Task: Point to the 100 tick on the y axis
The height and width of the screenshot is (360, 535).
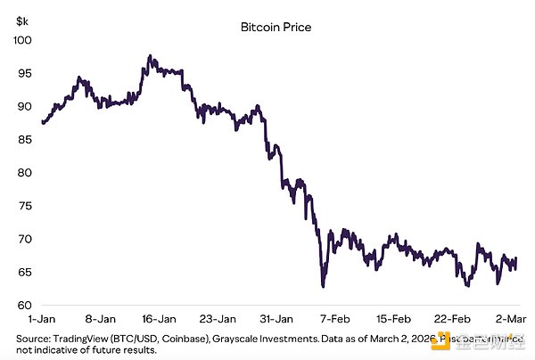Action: [x=23, y=41]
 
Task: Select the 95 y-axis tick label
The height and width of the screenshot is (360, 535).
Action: [x=25, y=74]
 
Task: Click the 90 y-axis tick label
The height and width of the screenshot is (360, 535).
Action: [x=25, y=107]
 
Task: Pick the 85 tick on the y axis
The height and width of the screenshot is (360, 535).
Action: [x=25, y=140]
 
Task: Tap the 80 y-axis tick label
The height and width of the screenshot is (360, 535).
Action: [x=25, y=173]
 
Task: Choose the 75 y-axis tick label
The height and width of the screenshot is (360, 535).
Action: [x=25, y=206]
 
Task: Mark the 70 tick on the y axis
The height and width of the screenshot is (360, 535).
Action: [x=25, y=239]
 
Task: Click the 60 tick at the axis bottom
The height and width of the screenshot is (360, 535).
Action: [x=25, y=305]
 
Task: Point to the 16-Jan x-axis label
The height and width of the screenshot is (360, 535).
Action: [x=159, y=318]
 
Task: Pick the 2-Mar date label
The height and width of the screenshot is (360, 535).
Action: [x=509, y=318]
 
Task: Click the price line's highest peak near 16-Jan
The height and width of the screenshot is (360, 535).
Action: [x=151, y=57]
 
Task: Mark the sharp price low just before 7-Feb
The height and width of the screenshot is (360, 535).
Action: [x=323, y=286]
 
